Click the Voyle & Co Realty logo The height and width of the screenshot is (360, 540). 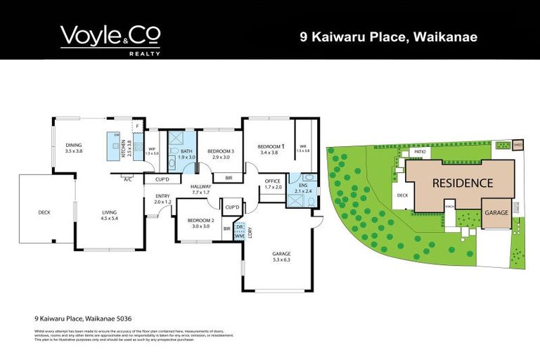pyautogui.click(x=110, y=38)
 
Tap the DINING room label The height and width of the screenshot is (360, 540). pyautogui.click(x=74, y=148)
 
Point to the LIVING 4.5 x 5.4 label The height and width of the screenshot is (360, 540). pyautogui.click(x=108, y=215)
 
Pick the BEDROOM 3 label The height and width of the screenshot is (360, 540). pyautogui.click(x=221, y=154)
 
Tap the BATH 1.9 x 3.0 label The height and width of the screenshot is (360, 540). pyautogui.click(x=186, y=154)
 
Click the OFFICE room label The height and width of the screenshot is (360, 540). pyautogui.click(x=273, y=184)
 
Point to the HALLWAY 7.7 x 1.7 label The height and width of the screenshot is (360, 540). pyautogui.click(x=202, y=189)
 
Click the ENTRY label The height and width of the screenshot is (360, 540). pyautogui.click(x=162, y=199)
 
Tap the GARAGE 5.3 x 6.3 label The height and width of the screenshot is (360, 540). pyautogui.click(x=281, y=256)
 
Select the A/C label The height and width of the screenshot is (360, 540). pyautogui.click(x=127, y=179)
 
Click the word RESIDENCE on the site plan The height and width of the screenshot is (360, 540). pyautogui.click(x=462, y=183)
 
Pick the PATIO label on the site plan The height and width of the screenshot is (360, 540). pyautogui.click(x=420, y=152)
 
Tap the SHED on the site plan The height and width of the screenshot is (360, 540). pyautogui.click(x=518, y=145)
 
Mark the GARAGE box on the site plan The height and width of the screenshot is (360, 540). pyautogui.click(x=496, y=213)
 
